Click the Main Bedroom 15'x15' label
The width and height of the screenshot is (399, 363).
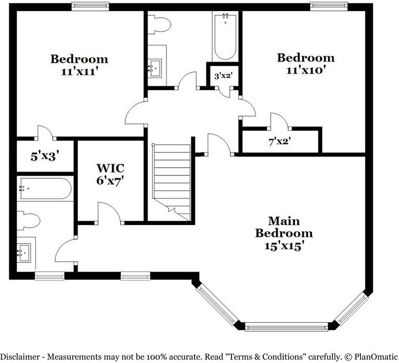click(284, 233)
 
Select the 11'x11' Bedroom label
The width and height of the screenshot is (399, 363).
click(79, 65)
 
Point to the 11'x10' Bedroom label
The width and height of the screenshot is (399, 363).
click(306, 63)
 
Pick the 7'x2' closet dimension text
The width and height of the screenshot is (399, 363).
click(280, 142)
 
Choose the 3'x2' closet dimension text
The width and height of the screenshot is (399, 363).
click(223, 76)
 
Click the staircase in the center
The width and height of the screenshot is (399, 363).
click(172, 182)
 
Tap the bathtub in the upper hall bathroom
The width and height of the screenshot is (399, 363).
click(225, 37)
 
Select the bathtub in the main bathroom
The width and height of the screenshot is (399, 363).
click(45, 189)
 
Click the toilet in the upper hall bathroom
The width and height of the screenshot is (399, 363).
click(159, 25)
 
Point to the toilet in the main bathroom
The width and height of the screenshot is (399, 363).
click(28, 220)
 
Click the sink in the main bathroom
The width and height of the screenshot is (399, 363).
click(24, 253)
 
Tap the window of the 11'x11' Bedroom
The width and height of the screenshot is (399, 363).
click(90, 7)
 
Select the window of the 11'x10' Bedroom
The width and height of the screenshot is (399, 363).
click(329, 7)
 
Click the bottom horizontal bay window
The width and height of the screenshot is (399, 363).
click(287, 327)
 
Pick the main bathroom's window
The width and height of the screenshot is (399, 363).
click(50, 276)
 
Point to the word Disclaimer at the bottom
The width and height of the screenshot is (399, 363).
click(20, 356)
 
